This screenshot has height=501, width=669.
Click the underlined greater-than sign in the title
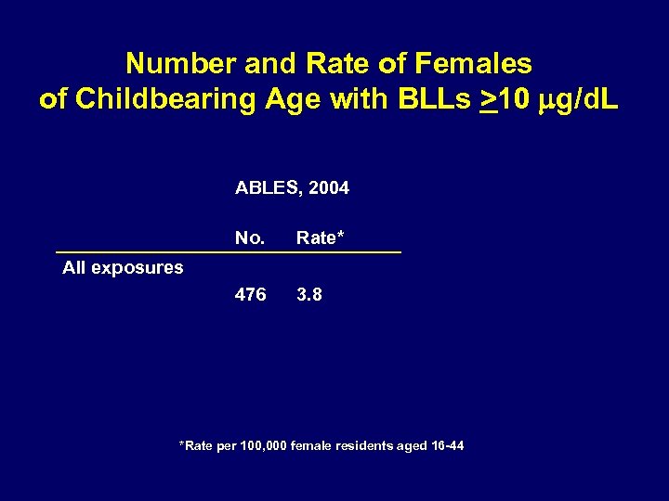coord(487,100)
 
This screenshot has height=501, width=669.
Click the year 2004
coord(329,188)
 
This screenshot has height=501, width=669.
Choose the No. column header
coord(250,238)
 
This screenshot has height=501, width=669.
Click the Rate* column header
coord(320,238)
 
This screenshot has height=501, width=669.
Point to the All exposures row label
coord(123,268)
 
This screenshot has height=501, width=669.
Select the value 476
coord(250,295)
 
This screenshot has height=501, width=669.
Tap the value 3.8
coord(309,295)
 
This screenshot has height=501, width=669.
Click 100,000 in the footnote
coord(263,446)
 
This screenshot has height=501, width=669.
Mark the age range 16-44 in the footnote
coord(448,446)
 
